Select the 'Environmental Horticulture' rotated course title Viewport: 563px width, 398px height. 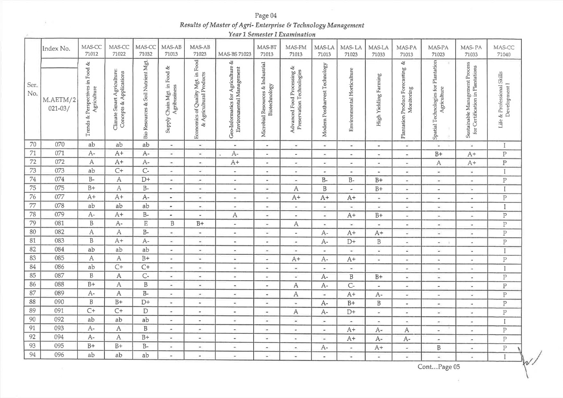351,99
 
